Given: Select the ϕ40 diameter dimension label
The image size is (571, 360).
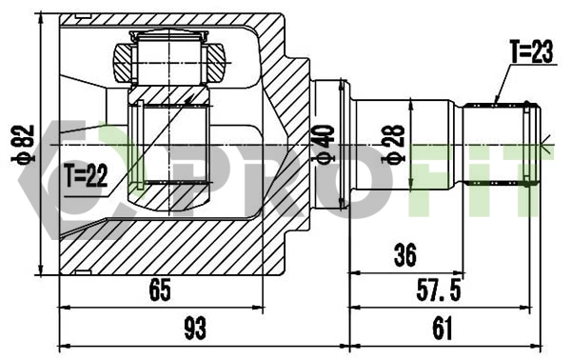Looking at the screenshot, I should tap(325, 144).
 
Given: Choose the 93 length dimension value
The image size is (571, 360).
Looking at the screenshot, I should tap(194, 329).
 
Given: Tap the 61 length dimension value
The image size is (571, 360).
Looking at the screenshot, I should tap(441, 329).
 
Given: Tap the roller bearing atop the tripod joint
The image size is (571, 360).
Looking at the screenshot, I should tap(169, 59).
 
